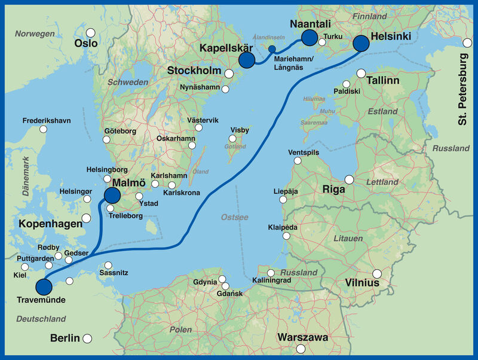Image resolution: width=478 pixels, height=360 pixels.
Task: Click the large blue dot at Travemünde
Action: coord(44,286)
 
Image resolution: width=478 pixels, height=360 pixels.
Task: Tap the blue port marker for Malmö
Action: coord(112,195)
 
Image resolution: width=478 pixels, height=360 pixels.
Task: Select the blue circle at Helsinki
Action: coord(361,43)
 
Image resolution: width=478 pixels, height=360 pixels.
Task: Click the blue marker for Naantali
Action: coord(309,38)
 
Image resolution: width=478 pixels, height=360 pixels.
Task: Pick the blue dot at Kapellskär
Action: coord(246,60)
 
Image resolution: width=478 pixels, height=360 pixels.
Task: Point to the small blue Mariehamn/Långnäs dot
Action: coord(272,50)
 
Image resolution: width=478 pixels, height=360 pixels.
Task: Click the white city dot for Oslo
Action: coord(91,33)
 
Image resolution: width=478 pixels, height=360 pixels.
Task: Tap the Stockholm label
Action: coord(194,71)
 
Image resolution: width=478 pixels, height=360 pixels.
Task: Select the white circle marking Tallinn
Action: coord(361,73)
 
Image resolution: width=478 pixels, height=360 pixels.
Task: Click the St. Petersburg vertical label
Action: coord(464,89)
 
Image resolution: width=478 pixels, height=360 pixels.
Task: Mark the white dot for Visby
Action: coord(232,139)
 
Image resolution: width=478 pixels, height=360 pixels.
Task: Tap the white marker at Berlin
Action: coord(87,338)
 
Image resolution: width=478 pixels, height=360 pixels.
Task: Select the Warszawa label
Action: coord(302,337)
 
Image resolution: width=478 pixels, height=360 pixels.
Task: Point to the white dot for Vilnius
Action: coord(377,274)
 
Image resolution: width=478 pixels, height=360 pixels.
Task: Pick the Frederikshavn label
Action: coord(47,120)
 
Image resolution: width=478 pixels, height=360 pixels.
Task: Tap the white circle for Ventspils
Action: coord(298,160)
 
